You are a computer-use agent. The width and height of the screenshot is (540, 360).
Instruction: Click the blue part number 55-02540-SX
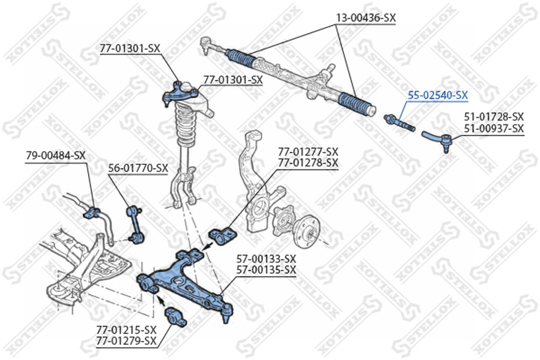[x=438, y=95]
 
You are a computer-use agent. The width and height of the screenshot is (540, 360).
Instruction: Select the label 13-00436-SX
[x=366, y=18]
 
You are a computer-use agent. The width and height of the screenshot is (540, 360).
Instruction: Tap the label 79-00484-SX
[x=56, y=155]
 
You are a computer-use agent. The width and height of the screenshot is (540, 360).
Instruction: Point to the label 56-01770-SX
[x=138, y=168]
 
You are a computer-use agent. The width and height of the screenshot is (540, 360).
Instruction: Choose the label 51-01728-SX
[x=494, y=117]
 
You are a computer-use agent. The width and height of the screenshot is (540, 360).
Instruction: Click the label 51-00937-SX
[x=494, y=128]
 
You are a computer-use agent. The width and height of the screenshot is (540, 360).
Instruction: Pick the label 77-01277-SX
[x=308, y=152]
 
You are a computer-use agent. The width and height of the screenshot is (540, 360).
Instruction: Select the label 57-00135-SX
[x=266, y=270]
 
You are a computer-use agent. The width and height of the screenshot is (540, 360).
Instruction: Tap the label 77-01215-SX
[x=126, y=330]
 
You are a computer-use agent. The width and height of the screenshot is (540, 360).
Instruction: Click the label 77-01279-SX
[x=126, y=341]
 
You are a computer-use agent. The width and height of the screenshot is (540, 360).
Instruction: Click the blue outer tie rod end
[x=437, y=140]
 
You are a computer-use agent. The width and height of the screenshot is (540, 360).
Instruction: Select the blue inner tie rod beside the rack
[x=400, y=122]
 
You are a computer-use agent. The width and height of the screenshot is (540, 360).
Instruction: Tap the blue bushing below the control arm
[x=175, y=317]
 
